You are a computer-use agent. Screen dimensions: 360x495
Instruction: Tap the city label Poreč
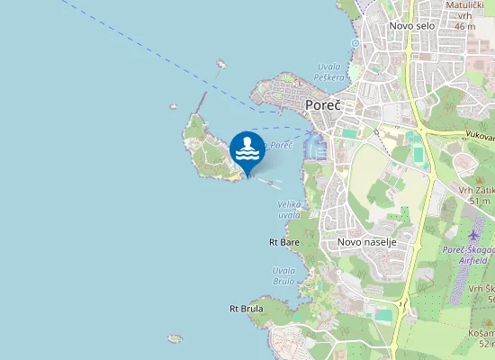[x=322, y=105]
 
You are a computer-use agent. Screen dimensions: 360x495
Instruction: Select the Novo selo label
[x=411, y=26]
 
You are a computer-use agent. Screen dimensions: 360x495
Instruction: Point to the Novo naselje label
[x=366, y=242]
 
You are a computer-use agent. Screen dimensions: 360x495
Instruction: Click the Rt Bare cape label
[x=283, y=242]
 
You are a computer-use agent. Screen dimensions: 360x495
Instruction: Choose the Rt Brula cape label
[x=246, y=309]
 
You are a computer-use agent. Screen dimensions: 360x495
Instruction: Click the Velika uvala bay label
[x=289, y=210]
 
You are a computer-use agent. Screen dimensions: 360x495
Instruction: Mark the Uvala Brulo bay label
[x=283, y=275]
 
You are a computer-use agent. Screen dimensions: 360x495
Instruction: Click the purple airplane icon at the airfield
[x=474, y=236]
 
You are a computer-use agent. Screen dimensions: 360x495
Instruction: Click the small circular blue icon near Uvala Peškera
[x=355, y=42]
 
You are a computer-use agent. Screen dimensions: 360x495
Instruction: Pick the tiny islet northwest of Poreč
[x=220, y=64]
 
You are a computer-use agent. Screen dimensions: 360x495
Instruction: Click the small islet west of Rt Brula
[x=175, y=338]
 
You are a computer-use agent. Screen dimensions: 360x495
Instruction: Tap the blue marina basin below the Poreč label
[x=313, y=142]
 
